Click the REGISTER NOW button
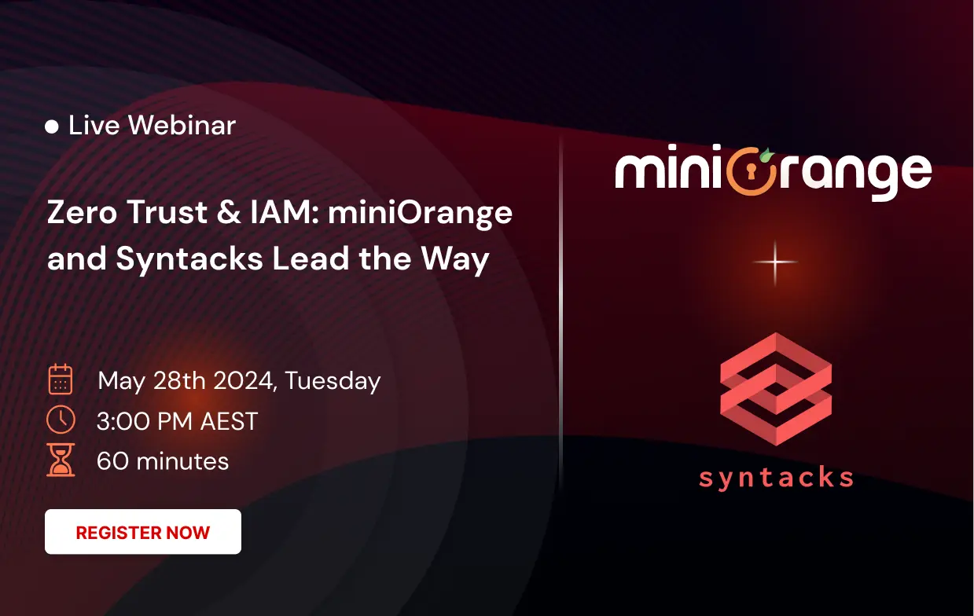point(142,532)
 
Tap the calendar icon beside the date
point(61,379)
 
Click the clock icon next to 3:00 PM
point(61,420)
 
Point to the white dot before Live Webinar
point(52,126)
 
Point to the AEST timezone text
point(228,421)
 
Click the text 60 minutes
point(163,460)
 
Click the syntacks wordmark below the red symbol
point(775,476)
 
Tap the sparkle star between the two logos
point(775,262)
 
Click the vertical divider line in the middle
point(561,314)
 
